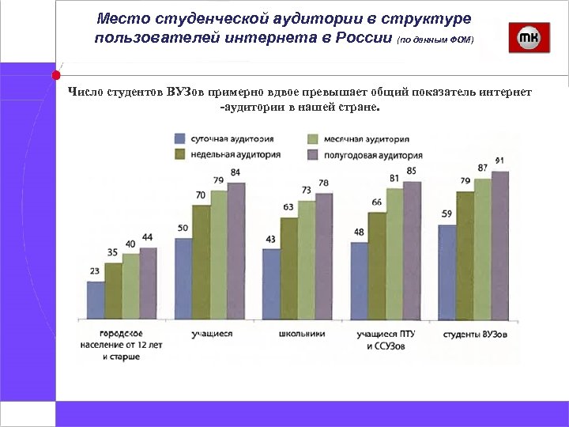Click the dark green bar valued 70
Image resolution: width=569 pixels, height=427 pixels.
coord(202,261)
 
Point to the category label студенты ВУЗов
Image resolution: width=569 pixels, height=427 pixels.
coord(475,334)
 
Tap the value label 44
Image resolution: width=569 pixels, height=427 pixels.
coord(148,237)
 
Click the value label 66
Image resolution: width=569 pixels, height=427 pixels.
coord(376,202)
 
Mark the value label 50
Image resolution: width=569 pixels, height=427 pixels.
coord(183,228)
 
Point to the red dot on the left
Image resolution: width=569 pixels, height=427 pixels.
coord(56,76)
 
